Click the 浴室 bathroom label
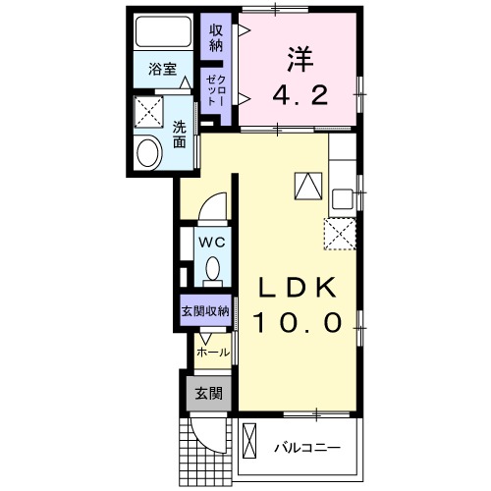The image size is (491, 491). click(x=162, y=70)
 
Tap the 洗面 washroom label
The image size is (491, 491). click(x=181, y=134)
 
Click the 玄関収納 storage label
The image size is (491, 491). click(x=204, y=311)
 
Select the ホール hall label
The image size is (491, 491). click(x=213, y=351)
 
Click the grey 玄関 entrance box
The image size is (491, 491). click(x=207, y=395)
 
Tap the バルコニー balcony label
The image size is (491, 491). click(x=306, y=448)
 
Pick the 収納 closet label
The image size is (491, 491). click(x=215, y=37)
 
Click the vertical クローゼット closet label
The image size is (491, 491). click(x=215, y=91)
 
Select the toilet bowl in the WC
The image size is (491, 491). click(x=213, y=268)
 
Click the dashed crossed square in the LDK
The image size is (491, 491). click(x=339, y=232)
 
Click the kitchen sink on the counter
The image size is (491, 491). click(x=342, y=197)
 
